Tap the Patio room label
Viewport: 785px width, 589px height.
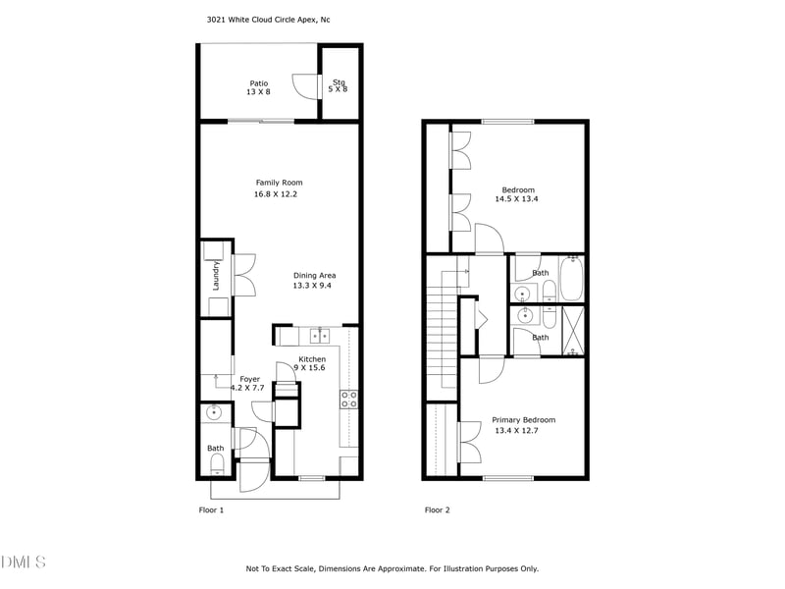coord(258,83)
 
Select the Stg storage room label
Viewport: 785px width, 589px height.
coord(340,82)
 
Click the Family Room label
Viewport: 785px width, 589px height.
coord(279,183)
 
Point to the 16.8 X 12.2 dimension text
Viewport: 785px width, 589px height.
coord(275,194)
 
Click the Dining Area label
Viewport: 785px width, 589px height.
coord(314,275)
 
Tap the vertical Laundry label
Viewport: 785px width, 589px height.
coord(216,275)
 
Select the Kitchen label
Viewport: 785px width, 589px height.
coord(312,359)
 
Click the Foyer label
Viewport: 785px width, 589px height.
coord(250,379)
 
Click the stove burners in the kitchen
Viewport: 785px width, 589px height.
coord(348,399)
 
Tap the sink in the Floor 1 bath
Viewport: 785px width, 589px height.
coord(214,413)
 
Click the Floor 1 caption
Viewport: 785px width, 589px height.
coord(212,510)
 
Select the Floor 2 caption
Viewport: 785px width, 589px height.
coord(437,510)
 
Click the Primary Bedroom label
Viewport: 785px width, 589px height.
coord(523,420)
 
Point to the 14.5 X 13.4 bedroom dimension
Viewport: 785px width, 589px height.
coord(516,199)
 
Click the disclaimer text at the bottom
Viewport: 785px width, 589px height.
coord(392,568)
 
